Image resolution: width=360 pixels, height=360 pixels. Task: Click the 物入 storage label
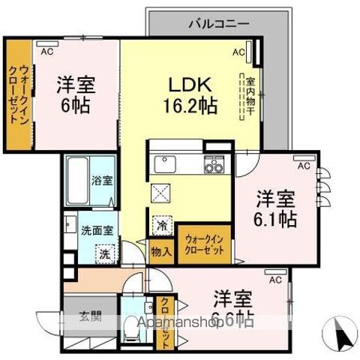[162, 251]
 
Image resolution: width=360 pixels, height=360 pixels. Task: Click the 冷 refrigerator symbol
[162, 223]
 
